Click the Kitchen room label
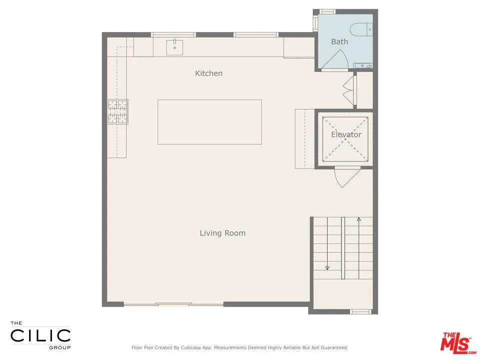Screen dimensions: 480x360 tap(209, 73)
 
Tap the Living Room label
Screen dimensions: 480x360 tap(222, 233)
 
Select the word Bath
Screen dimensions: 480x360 tap(339, 41)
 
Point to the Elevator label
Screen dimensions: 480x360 tap(346, 134)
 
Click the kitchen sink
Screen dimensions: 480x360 tap(174, 47)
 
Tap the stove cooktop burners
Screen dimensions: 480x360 tap(118, 111)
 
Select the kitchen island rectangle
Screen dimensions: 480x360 tap(209, 122)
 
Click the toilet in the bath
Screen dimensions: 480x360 tap(361, 29)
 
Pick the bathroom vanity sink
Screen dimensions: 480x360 tap(363, 65)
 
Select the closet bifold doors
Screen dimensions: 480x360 tap(349, 91)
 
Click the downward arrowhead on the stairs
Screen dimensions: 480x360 tap(327, 268)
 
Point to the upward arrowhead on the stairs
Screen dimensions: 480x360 tap(359, 219)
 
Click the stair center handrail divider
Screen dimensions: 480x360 tap(343, 248)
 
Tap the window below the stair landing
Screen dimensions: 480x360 tap(360, 311)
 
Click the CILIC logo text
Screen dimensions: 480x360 tap(40, 336)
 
